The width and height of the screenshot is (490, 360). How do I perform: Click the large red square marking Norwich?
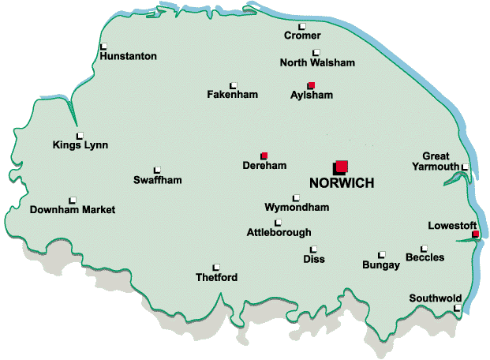click(341, 166)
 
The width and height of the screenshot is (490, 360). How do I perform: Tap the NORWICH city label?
click(341, 182)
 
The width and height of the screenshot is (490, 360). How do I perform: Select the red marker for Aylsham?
click(311, 85)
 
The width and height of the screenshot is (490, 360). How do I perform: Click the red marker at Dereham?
click(264, 156)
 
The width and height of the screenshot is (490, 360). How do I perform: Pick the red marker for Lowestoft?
click(475, 234)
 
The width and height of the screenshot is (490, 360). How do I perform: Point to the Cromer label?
click(302, 36)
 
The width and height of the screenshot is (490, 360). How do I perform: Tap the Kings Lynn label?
click(80, 144)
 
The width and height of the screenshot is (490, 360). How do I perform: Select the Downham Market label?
click(72, 210)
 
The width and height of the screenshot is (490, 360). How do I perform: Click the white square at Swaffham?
click(157, 170)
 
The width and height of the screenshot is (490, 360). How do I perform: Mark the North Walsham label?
click(317, 63)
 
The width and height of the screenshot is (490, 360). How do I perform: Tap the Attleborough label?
click(279, 232)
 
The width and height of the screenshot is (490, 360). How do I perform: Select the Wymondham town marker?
click(296, 198)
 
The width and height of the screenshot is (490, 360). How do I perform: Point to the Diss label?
click(313, 259)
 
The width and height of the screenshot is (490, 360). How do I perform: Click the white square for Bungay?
click(381, 255)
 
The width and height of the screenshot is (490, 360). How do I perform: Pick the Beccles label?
click(425, 257)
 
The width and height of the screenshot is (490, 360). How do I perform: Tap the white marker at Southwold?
click(458, 309)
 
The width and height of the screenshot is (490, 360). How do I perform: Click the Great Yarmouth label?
click(436, 161)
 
